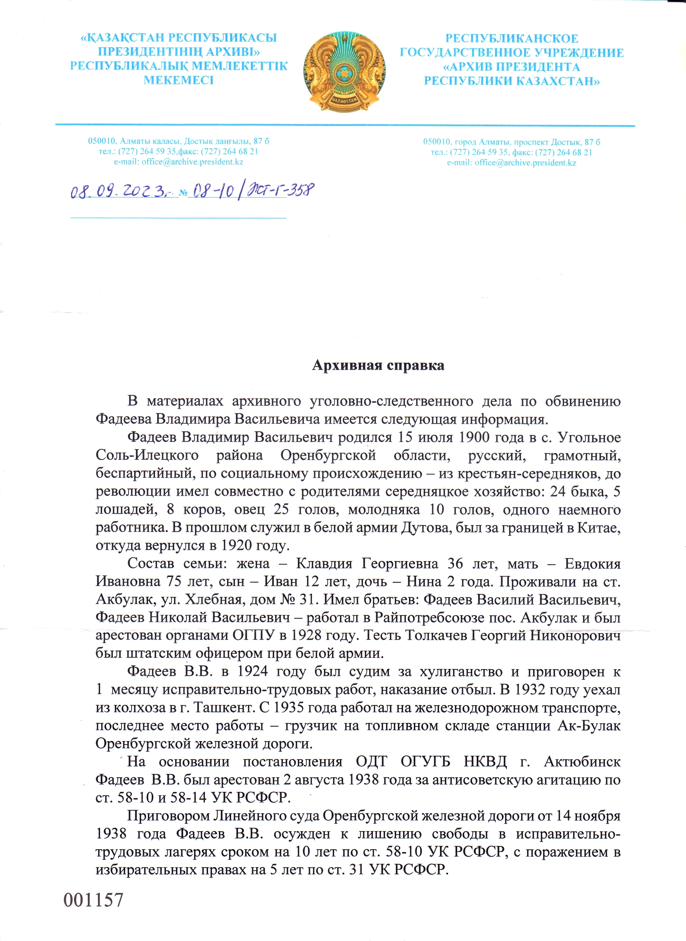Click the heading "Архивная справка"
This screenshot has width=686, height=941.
point(378,365)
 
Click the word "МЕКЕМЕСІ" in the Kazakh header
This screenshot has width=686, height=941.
point(179,80)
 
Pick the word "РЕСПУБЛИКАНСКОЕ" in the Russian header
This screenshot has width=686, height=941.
point(512,39)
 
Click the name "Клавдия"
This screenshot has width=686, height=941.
point(323,564)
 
